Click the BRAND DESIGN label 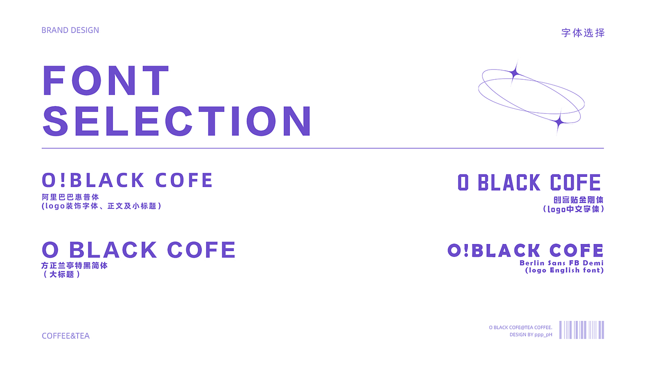tap(70, 30)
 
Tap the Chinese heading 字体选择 tap(583, 33)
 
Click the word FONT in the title tap(106, 80)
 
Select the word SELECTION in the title tap(177, 121)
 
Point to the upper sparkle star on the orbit tap(515, 73)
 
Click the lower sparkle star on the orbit tap(558, 122)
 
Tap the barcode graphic tap(581, 330)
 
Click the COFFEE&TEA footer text tap(66, 336)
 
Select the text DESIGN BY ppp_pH tap(530, 334)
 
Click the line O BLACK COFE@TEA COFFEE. tap(520, 327)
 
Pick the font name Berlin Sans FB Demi tap(561, 263)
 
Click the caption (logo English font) tap(565, 270)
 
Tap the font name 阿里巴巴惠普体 tap(70, 197)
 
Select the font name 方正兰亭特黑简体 tap(74, 265)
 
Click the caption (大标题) tap(62, 274)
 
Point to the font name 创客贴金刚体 tap(578, 200)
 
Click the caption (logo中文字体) tap(573, 209)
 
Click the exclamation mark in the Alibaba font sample tap(63, 180)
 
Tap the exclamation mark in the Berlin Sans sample tap(466, 251)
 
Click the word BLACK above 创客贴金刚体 tap(509, 182)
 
